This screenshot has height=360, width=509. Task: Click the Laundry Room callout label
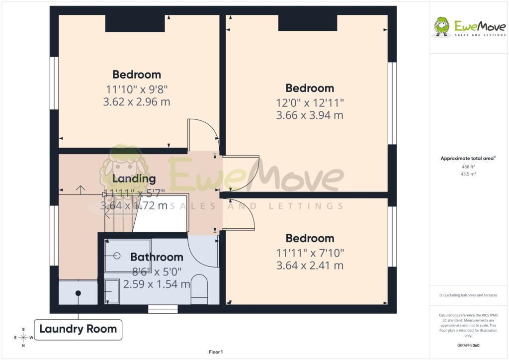pyautogui.click(x=78, y=329)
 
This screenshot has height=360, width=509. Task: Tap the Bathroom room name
pyautogui.click(x=157, y=257)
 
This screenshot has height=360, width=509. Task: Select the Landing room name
pyautogui.click(x=134, y=179)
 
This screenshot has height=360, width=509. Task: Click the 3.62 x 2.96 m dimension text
pyautogui.click(x=137, y=102)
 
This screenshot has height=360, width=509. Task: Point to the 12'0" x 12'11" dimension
pyautogui.click(x=310, y=103)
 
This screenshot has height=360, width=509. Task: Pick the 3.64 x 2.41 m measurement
pyautogui.click(x=310, y=266)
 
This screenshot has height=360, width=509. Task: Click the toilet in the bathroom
pyautogui.click(x=199, y=289)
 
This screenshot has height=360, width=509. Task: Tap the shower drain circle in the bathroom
pyautogui.click(x=117, y=256)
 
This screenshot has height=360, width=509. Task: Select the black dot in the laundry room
pyautogui.click(x=78, y=293)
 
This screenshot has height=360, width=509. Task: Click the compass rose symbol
pyautogui.click(x=23, y=337)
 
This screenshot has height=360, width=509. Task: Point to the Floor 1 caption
pyautogui.click(x=216, y=352)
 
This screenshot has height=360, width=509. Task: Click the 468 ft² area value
pyautogui.click(x=468, y=167)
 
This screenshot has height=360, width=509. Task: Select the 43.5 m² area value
pyautogui.click(x=468, y=174)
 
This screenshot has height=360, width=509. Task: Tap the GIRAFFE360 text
pyautogui.click(x=468, y=346)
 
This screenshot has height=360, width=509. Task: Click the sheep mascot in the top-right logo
pyautogui.click(x=441, y=27)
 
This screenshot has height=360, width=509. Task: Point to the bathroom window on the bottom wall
pyautogui.click(x=163, y=309)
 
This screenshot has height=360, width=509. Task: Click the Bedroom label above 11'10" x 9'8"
pyautogui.click(x=137, y=75)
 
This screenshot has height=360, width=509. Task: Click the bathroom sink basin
pyautogui.click(x=112, y=291)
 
